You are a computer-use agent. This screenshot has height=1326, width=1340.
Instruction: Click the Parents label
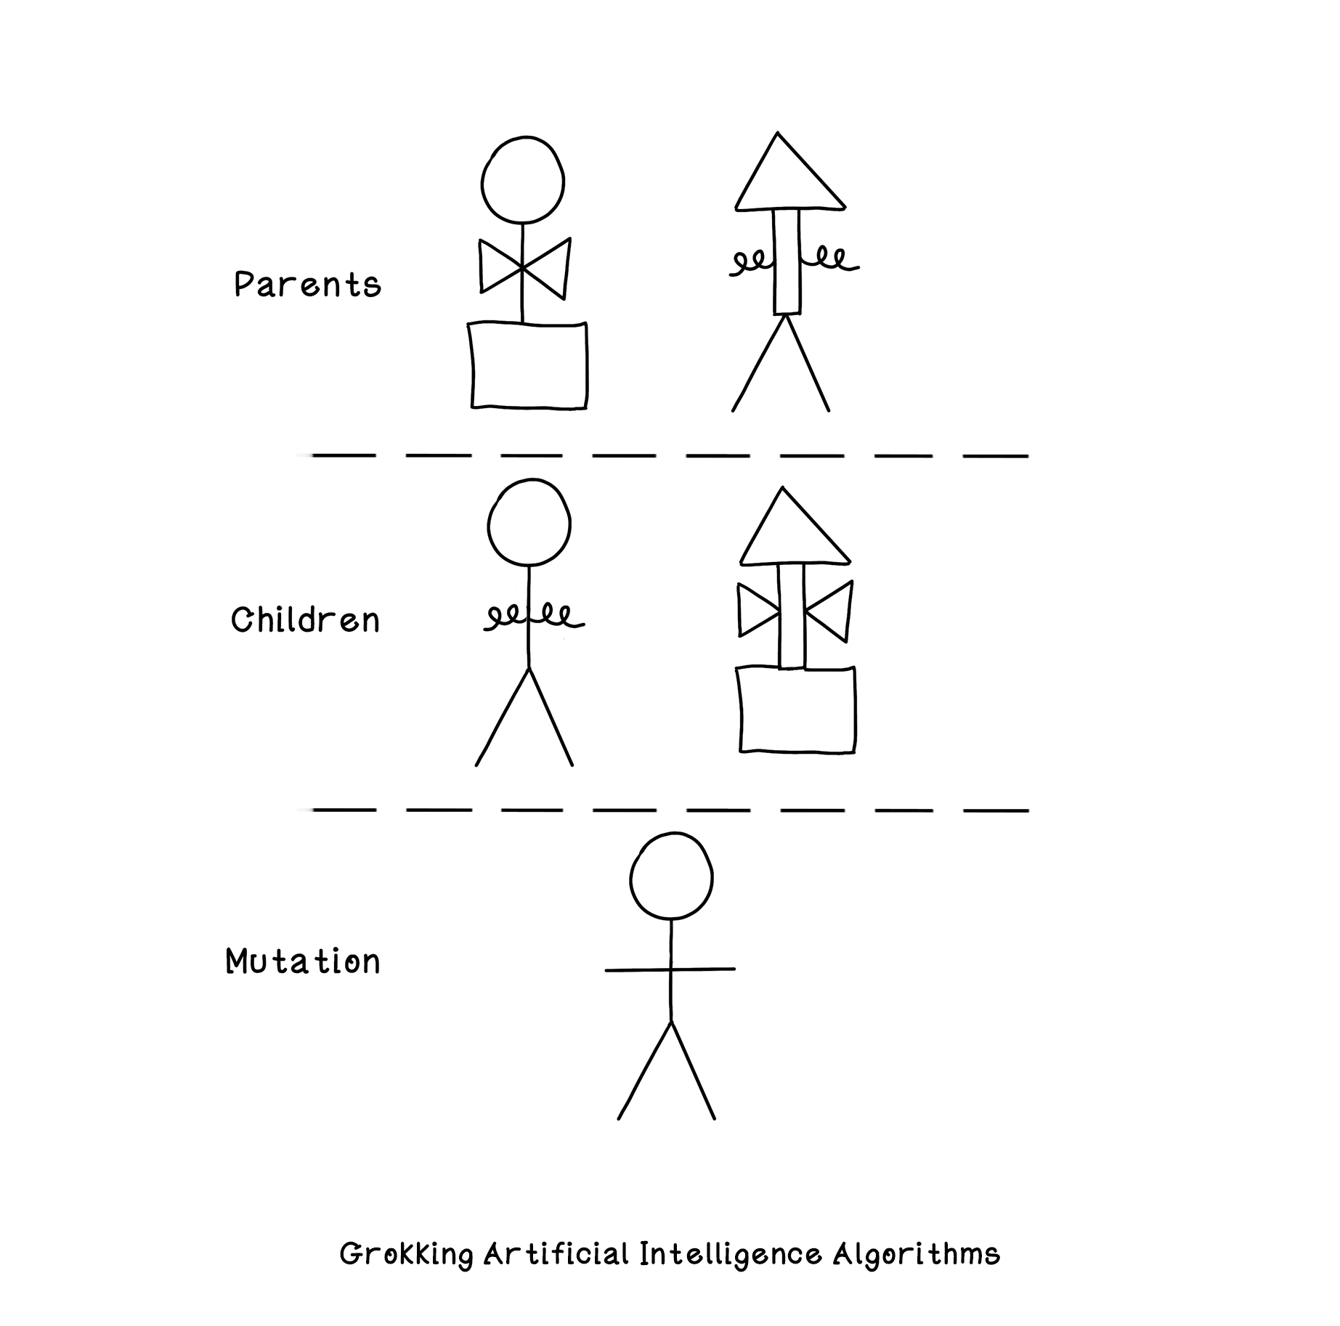307,284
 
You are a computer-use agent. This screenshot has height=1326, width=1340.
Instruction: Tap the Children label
305,620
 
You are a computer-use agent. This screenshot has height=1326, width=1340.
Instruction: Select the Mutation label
303,961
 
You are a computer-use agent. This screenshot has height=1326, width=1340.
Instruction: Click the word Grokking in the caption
407,1255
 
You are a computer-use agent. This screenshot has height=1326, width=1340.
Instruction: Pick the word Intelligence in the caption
731,1255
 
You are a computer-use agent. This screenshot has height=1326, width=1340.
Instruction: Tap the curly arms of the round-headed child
534,617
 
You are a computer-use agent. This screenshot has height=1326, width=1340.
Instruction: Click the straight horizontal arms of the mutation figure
670,969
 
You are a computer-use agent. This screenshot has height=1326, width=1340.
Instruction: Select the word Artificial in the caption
556,1254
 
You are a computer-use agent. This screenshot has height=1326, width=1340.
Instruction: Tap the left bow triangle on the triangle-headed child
758,611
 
